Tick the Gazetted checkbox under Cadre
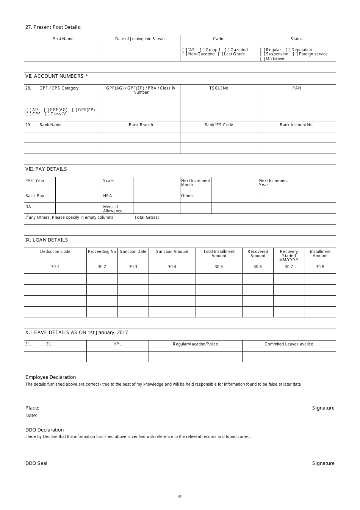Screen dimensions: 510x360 pyautogui.click(x=227, y=50)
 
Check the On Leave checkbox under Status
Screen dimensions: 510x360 pyautogui.click(x=263, y=59)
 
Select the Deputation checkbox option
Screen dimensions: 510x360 pyautogui.click(x=288, y=50)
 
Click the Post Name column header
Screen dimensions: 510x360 pyautogui.click(x=63, y=39)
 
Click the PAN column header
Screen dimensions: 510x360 pyautogui.click(x=297, y=88)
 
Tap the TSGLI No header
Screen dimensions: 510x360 pyautogui.click(x=219, y=88)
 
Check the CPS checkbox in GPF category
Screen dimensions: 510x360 pyautogui.click(x=29, y=114)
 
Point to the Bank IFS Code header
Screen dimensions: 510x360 pyautogui.click(x=219, y=125)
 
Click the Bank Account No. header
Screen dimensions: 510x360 pyautogui.click(x=297, y=125)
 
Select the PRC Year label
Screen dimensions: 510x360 pyautogui.click(x=35, y=181)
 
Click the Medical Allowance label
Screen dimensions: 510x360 pyautogui.click(x=113, y=209)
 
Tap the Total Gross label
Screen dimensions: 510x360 pyautogui.click(x=147, y=218)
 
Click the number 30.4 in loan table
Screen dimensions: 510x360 pyautogui.click(x=172, y=267)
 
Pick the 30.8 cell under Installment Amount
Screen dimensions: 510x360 pyautogui.click(x=320, y=267)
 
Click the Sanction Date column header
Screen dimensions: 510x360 pyautogui.click(x=133, y=252)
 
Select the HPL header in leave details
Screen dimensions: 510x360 pyautogui.click(x=117, y=344)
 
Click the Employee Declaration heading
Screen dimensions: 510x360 pyautogui.click(x=50, y=377)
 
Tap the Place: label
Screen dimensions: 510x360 pyautogui.click(x=32, y=408)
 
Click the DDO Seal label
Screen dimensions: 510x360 pyautogui.click(x=36, y=463)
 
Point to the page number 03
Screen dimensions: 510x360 pyautogui.click(x=180, y=497)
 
